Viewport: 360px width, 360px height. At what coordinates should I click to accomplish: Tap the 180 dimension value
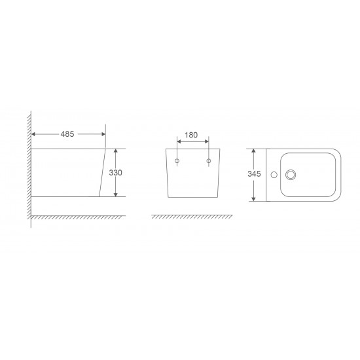[191, 135]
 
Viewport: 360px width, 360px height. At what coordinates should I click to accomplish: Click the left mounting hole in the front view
[177, 161]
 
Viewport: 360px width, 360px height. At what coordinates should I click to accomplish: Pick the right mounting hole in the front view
[208, 161]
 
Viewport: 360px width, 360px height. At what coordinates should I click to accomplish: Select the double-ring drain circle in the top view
[290, 175]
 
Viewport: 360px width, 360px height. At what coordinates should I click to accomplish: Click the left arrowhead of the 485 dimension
[34, 134]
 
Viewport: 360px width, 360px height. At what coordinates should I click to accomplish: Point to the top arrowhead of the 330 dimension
[115, 150]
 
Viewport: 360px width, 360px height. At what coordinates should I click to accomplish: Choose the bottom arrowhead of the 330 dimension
[115, 194]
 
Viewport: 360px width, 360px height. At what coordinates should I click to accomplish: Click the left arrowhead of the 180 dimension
[179, 142]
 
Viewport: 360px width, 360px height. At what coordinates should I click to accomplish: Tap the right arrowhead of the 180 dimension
[206, 142]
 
